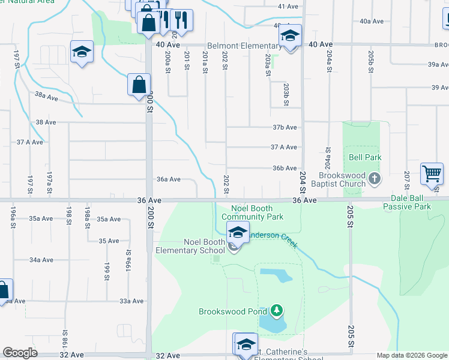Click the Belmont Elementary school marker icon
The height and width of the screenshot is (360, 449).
(x=290, y=37)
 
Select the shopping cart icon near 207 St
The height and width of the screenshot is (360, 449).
(x=432, y=174)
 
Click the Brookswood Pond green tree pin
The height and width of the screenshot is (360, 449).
(x=276, y=311)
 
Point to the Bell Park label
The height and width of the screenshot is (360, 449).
(x=366, y=157)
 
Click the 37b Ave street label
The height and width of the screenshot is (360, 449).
(x=285, y=127)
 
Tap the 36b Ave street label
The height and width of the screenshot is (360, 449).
(x=285, y=168)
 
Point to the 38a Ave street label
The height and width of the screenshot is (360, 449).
(x=46, y=95)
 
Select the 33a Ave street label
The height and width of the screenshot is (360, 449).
(x=131, y=301)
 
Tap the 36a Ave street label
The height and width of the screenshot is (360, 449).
(x=169, y=179)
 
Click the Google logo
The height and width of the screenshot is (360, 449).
(x=20, y=353)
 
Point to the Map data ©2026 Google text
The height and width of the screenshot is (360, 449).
(x=411, y=355)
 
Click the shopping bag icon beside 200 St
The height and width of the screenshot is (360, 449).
(x=139, y=85)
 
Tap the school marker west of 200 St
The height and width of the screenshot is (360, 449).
(x=82, y=52)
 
